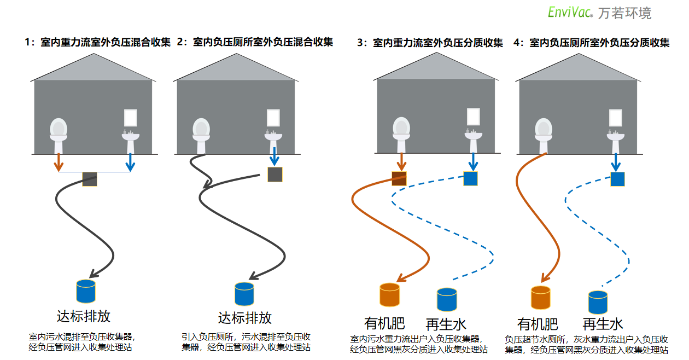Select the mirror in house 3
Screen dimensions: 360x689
473,117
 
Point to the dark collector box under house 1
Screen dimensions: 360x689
89,179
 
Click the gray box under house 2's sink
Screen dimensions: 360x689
275,175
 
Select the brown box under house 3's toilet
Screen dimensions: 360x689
399,178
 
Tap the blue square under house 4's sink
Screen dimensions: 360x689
617,179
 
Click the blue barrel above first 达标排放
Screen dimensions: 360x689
86,291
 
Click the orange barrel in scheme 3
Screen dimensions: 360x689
390,294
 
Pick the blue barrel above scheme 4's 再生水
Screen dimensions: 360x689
598,302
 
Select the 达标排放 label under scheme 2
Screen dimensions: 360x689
244,317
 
